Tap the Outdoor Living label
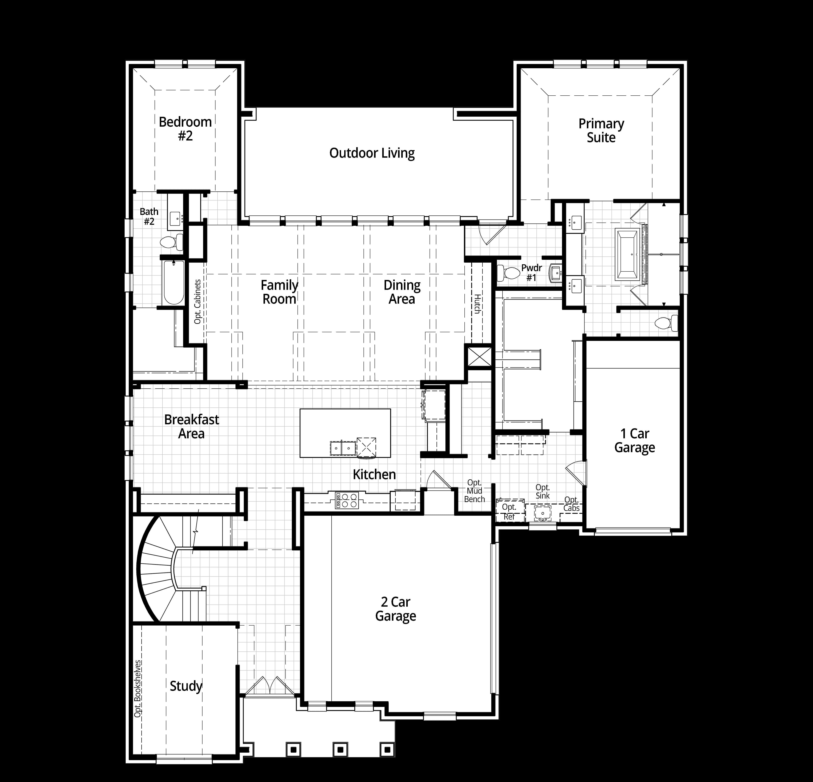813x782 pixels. [x=372, y=153]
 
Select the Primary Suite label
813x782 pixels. [x=601, y=130]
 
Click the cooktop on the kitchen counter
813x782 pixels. [x=347, y=500]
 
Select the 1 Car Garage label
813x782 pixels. [x=634, y=440]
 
